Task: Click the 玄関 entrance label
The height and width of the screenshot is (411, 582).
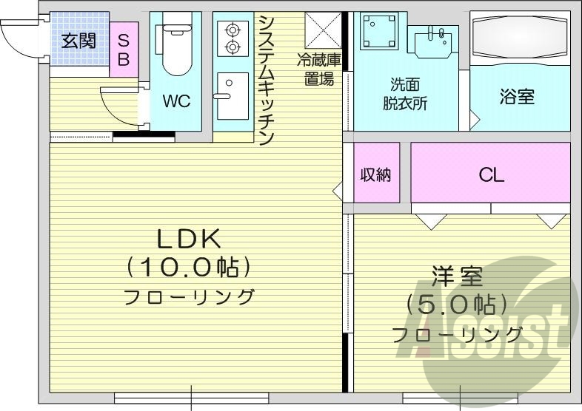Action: [x=78, y=40]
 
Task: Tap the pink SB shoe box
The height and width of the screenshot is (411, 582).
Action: [x=123, y=49]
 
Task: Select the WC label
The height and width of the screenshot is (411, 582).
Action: [x=176, y=101]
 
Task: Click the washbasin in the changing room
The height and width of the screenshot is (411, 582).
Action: [x=433, y=44]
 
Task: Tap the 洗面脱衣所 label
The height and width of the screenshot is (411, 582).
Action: [x=405, y=94]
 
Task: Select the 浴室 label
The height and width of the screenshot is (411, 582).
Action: [x=517, y=97]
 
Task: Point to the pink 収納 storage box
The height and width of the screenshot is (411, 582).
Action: [x=376, y=174]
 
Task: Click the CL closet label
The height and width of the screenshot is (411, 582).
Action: [x=490, y=175]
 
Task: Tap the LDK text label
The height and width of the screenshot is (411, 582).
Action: [x=189, y=239]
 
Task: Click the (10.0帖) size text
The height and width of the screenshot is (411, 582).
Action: [x=189, y=266]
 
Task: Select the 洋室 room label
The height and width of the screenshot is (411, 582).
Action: [x=458, y=278]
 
